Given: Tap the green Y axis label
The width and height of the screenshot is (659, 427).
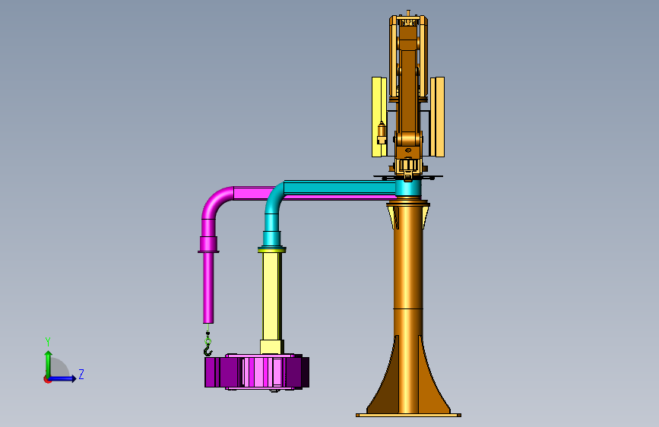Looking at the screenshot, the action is coord(48,342).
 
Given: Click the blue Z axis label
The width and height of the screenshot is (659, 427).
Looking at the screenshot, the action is coord(81,374).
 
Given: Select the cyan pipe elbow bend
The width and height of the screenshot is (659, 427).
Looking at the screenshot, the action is coord(274,197).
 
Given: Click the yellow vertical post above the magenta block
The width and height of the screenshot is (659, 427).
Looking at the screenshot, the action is coord(272,296).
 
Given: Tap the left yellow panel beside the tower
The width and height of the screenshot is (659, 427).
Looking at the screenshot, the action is coord(379,117).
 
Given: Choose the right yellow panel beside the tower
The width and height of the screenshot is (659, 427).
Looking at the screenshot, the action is coord(437,117).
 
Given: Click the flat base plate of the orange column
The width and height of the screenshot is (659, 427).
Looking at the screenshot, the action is coord(408,416).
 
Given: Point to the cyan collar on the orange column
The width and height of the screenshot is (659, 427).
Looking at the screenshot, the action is coord(408,188).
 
